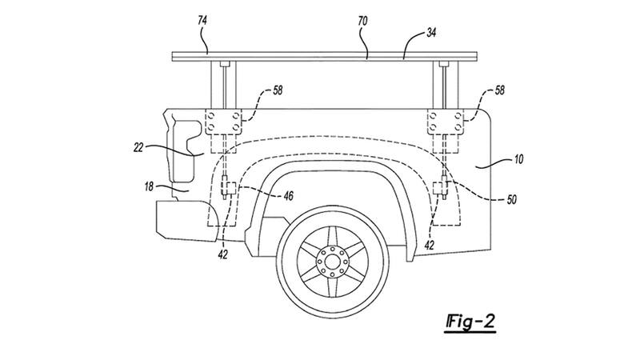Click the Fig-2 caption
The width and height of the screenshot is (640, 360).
(470, 322)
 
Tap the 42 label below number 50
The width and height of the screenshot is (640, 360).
(430, 247)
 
